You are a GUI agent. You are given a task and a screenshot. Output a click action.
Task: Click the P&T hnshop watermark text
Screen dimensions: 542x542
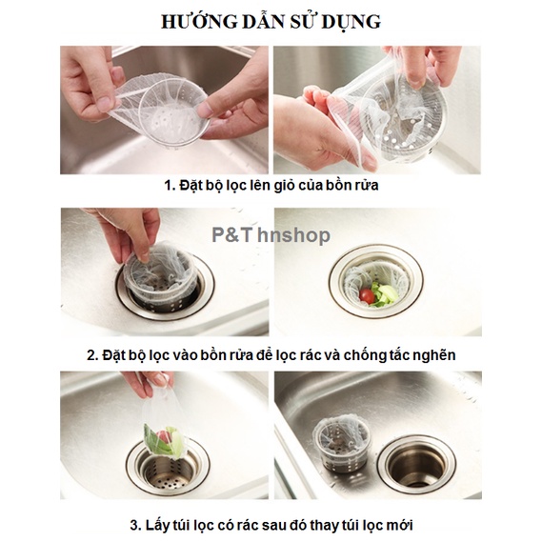tap(271, 235)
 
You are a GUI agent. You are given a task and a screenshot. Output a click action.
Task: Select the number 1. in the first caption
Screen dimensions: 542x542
tap(171, 186)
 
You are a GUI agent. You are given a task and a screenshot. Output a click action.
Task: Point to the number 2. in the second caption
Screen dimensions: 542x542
tap(93, 355)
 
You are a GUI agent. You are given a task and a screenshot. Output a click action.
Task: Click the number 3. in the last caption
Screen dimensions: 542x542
tap(136, 525)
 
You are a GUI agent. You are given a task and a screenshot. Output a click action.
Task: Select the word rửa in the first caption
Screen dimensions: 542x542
tap(368, 186)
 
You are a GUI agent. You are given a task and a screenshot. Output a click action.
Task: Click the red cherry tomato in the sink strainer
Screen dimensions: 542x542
tap(367, 296)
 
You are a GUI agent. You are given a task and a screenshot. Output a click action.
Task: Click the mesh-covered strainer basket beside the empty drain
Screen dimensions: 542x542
tap(341, 444)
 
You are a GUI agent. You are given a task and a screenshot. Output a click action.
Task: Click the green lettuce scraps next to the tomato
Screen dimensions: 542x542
tap(385, 294)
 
